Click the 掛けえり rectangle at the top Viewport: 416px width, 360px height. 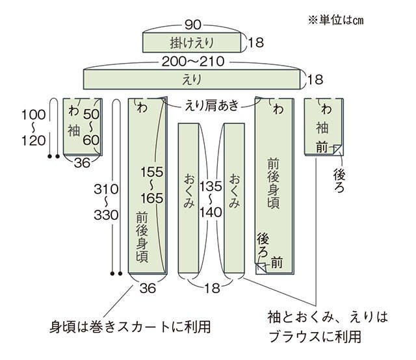coord(192,42)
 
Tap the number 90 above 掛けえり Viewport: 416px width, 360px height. coord(193,25)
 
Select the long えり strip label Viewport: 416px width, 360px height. coord(192,79)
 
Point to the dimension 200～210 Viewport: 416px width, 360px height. coord(193,62)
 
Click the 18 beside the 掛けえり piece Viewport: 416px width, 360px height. coord(256,42)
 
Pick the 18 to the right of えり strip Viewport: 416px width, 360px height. coord(315,79)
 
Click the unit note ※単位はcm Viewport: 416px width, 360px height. coord(335,20)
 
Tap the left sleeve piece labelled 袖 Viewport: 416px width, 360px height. coord(83,127)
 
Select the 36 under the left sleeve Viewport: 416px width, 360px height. coord(83,162)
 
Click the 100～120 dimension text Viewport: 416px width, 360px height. coord(33,127)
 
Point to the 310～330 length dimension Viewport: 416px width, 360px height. coord(106,202)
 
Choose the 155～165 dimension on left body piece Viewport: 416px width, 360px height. coord(151,185)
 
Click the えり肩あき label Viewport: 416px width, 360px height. coord(212,105)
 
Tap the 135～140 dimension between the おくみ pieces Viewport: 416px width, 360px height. coord(211,199)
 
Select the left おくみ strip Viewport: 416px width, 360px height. coord(188,198)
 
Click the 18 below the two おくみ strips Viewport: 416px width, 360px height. coord(212,288)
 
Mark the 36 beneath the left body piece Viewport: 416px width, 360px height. coord(148,288)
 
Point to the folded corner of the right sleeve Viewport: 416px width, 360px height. coord(339,149)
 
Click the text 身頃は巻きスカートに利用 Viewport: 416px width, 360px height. coord(130,327)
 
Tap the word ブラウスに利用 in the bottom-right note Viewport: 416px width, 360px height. coord(315,337)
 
